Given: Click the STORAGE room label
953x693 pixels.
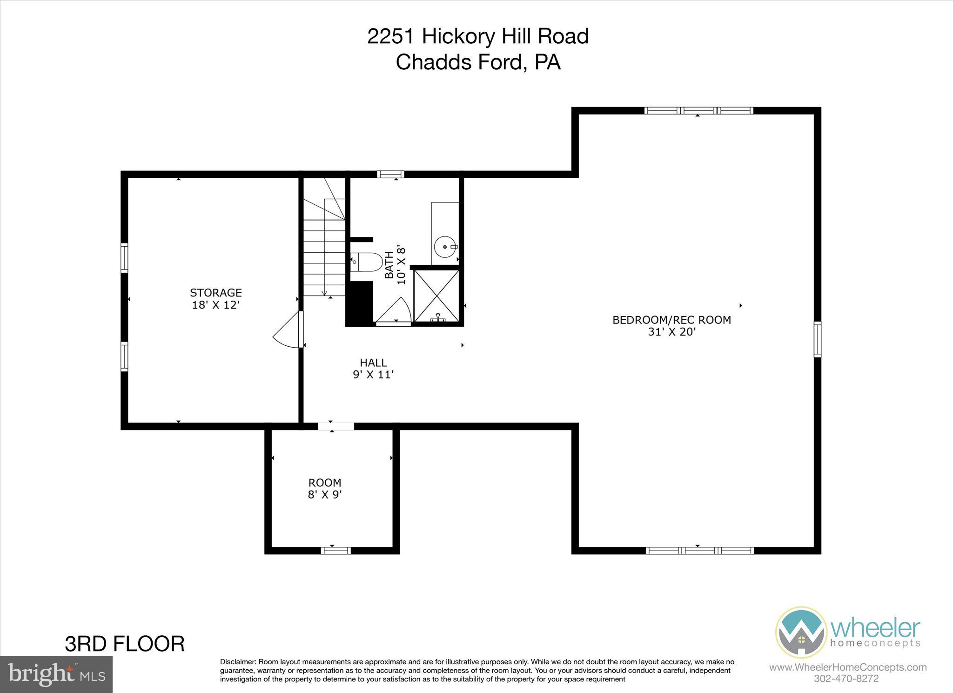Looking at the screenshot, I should [x=215, y=293].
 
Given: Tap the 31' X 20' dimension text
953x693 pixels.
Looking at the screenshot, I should [x=671, y=332].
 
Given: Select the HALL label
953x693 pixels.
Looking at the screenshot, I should [x=373, y=363].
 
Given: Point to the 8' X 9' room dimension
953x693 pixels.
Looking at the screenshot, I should [x=325, y=494].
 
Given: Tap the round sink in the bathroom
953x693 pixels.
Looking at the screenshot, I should [x=445, y=246].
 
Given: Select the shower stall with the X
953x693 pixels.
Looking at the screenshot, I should [x=436, y=296].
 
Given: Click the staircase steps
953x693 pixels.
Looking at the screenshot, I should [x=324, y=251].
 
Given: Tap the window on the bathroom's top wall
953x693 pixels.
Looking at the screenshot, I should [x=390, y=175].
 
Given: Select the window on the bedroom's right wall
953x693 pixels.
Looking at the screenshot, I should [x=817, y=339].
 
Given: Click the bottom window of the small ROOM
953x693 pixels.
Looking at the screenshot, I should [x=336, y=551].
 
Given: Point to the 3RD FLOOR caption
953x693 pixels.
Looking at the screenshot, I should [x=125, y=644].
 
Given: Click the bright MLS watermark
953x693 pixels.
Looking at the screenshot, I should [x=56, y=674].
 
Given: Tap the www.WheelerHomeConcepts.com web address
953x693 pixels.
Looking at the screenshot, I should [x=847, y=667].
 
